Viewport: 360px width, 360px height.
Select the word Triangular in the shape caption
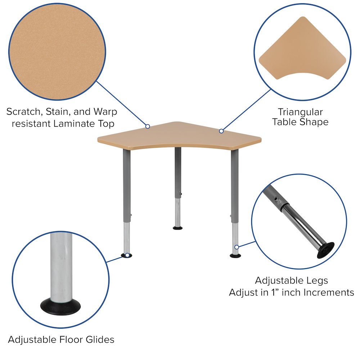click(300, 112)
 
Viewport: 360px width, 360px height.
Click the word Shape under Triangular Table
click(314, 122)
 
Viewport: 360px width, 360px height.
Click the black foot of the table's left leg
click(126, 256)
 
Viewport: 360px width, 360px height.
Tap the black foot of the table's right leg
click(235, 256)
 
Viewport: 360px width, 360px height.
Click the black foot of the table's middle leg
click(177, 228)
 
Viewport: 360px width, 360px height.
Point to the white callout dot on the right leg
click(237, 247)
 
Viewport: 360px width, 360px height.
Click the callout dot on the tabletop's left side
click(148, 126)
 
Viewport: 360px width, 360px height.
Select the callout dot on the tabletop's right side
click(221, 131)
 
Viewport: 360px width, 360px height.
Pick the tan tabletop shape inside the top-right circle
click(302, 47)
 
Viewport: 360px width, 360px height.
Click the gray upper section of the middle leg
click(177, 169)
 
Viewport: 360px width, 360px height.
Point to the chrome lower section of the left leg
click(127, 238)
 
